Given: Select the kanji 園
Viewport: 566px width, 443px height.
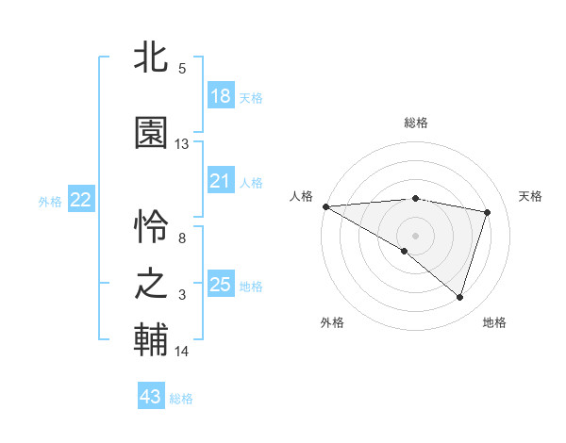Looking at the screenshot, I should [151, 133].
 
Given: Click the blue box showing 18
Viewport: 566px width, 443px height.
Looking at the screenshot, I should [221, 96].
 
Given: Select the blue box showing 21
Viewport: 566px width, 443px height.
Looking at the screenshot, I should [221, 181].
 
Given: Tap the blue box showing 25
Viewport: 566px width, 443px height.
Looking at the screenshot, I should [221, 285].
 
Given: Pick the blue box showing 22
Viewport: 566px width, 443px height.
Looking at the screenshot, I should [81, 200].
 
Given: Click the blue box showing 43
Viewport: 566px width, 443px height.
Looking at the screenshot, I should [151, 397].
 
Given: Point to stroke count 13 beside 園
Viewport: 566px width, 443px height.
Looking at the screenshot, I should [182, 144].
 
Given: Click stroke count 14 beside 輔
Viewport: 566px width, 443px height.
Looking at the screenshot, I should [182, 352].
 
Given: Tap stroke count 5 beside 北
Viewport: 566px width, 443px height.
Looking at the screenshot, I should [182, 68].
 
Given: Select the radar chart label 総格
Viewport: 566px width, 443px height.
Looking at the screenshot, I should [416, 123].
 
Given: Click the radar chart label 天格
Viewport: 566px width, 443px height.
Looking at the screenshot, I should [531, 196].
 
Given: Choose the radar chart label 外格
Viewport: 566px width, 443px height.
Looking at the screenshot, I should [332, 322].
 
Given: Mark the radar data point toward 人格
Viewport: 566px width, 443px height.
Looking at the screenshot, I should [325, 206].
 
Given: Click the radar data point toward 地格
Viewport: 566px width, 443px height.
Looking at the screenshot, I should [459, 297].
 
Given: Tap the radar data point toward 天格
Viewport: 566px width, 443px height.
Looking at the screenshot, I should [488, 212].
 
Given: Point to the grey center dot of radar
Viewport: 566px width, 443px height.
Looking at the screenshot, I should [415, 235].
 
